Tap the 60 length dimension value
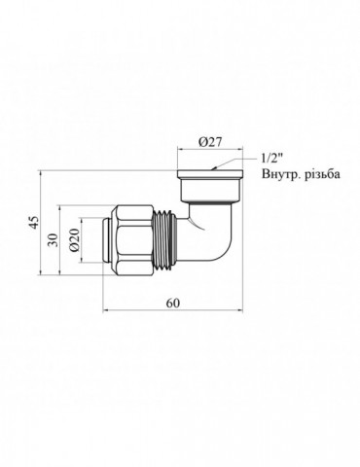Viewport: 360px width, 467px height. pyautogui.click(x=174, y=304)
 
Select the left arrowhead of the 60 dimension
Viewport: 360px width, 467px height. pyautogui.click(x=106, y=312)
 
